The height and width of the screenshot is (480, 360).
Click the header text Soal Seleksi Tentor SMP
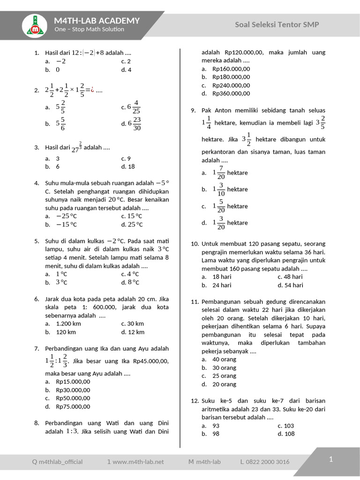pos(277,24)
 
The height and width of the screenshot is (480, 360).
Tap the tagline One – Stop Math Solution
pos(89,29)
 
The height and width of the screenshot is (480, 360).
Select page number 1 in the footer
pos(330,459)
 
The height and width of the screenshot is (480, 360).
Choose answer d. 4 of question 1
pos(126,69)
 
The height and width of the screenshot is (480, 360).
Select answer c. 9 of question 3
pos(126,158)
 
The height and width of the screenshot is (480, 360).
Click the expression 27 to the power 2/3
pos(76,147)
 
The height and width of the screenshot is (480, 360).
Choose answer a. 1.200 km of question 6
pos(68,323)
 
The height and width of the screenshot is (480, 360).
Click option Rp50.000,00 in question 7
pos(73,398)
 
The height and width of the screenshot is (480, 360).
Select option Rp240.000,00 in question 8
pos(231,85)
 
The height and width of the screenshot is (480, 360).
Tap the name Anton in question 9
pos(224,110)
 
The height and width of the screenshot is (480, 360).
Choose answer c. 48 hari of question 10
pos(292,277)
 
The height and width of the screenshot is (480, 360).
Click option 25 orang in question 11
pos(224,376)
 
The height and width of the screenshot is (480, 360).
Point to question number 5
pos(37,241)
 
